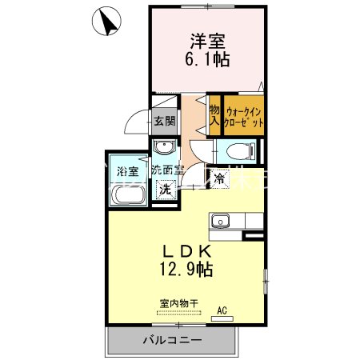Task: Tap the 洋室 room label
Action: (x=205, y=40)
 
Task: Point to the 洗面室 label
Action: (x=168, y=170)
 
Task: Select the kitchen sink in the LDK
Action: (x=220, y=222)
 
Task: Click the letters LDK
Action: (x=189, y=250)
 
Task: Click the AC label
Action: (x=222, y=310)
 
